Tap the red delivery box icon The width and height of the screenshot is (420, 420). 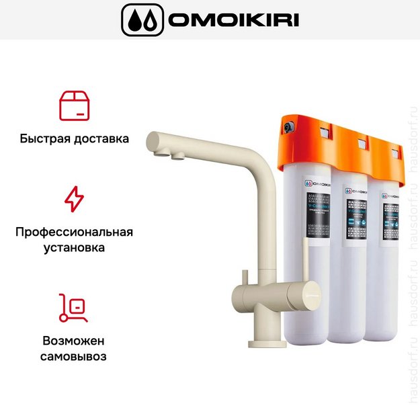point(74,106)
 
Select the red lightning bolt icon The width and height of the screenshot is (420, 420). point(74,199)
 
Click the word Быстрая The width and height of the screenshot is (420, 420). point(46,140)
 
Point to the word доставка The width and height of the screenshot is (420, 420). point(101,140)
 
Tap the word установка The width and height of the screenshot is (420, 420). point(74,248)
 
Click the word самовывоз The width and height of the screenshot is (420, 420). point(74,356)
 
